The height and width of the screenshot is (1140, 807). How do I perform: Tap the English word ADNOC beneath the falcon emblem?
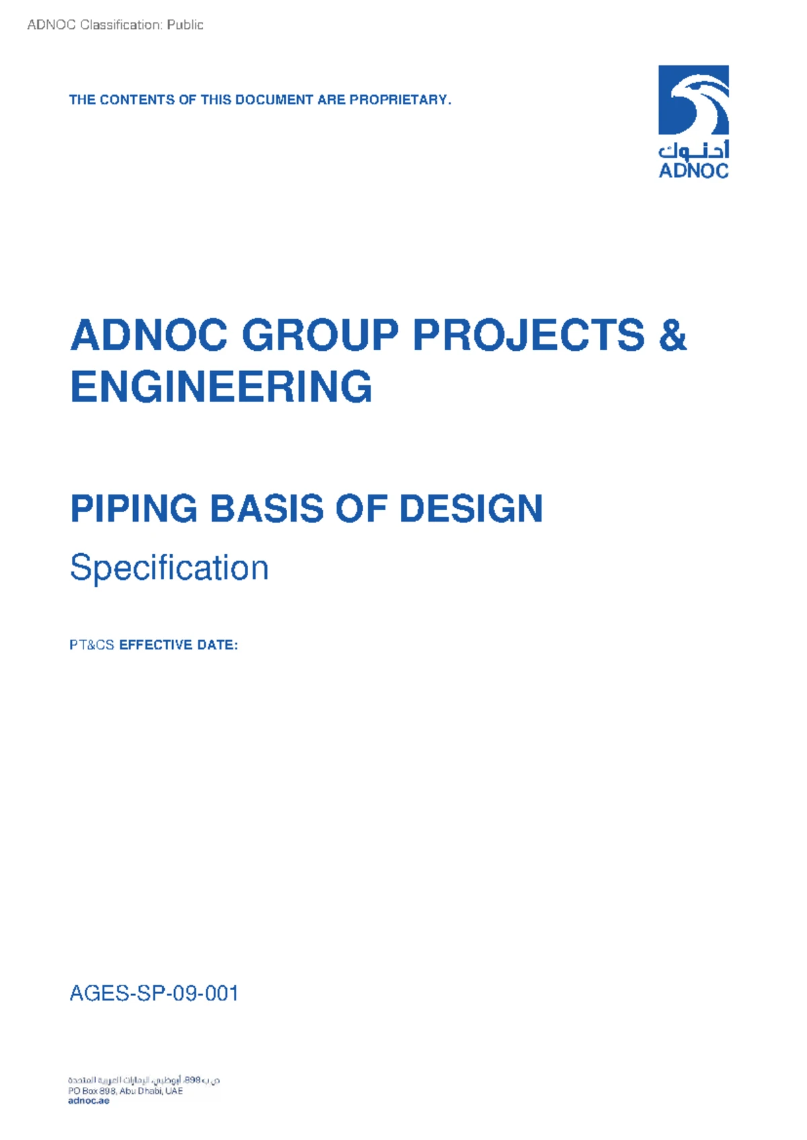(693, 171)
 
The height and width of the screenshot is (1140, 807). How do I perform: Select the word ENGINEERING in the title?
(221, 387)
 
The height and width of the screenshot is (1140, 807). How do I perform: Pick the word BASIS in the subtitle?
(267, 509)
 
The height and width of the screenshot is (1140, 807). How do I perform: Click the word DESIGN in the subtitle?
(471, 509)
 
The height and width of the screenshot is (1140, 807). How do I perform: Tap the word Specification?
(169, 568)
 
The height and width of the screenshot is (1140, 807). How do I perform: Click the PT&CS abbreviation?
(91, 645)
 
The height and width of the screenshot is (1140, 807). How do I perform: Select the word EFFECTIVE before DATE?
(155, 645)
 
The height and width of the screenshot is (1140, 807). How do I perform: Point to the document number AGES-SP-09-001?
(154, 993)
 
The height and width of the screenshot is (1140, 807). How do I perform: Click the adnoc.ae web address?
(88, 1101)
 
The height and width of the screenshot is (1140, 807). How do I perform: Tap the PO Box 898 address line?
(125, 1091)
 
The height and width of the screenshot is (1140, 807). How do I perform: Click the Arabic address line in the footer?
(144, 1080)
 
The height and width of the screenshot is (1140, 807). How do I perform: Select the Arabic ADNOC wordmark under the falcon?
(693, 149)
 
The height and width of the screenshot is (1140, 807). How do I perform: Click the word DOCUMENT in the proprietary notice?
(274, 100)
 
